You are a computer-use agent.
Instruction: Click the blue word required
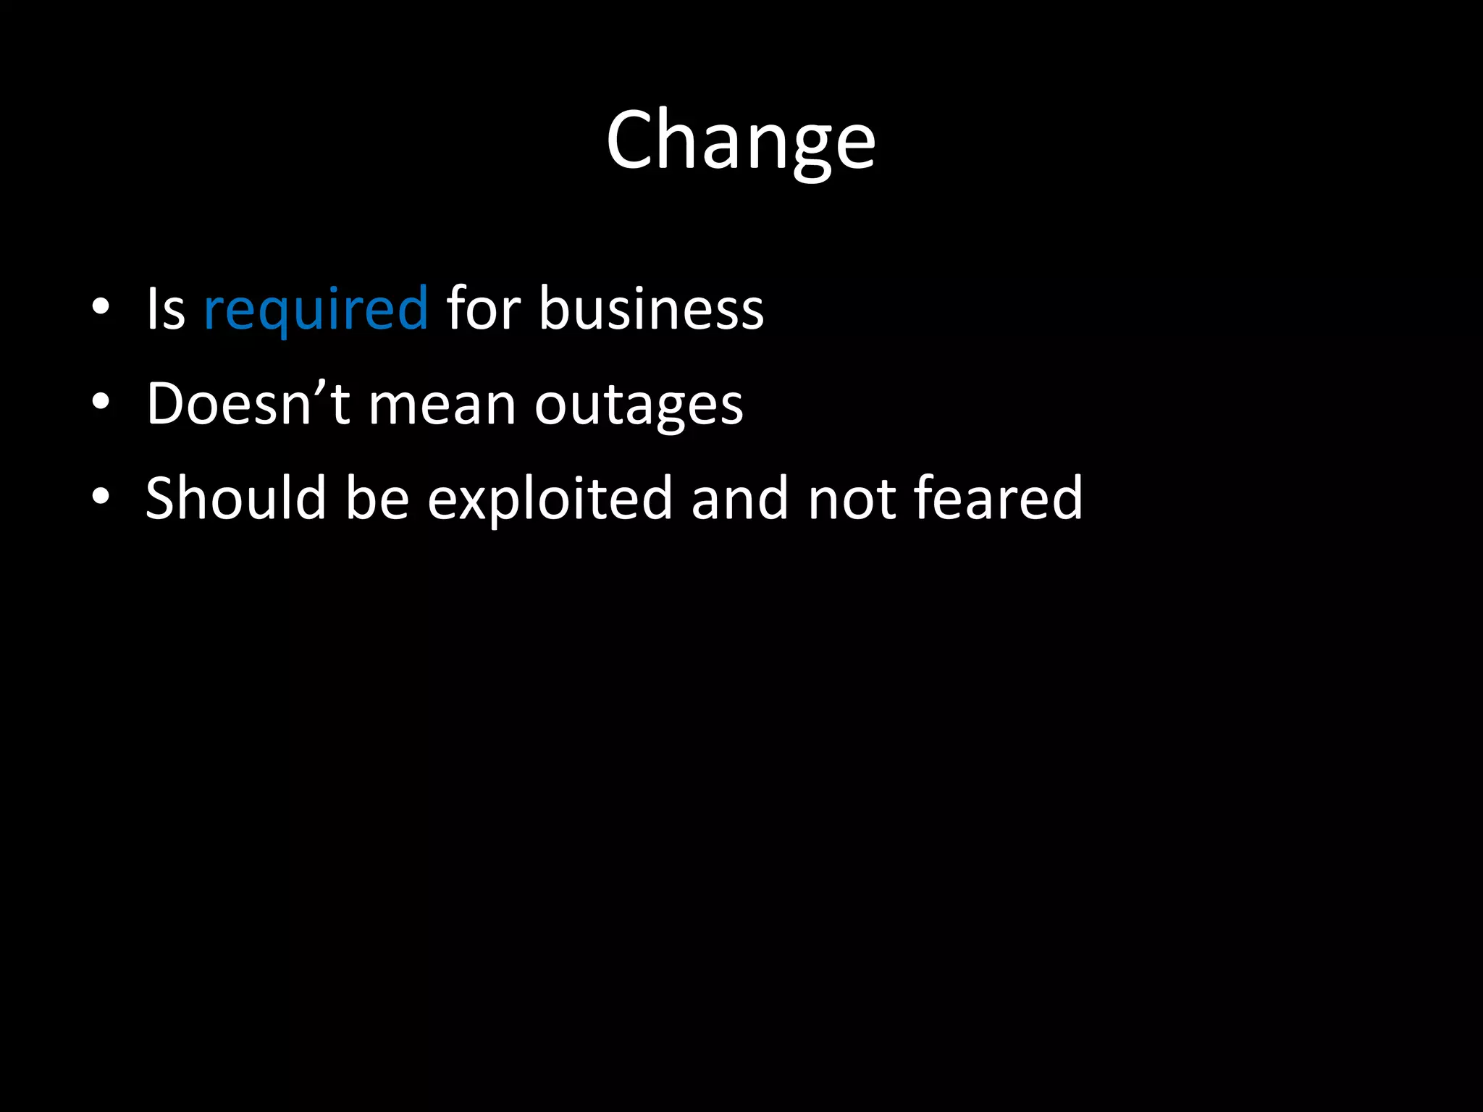(316, 309)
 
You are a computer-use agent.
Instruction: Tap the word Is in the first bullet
(166, 309)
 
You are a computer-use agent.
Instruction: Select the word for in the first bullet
(483, 309)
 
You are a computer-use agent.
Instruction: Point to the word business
(651, 309)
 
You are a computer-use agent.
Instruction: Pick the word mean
(442, 405)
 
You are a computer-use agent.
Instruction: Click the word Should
(236, 498)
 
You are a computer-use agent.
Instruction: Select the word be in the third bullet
(377, 498)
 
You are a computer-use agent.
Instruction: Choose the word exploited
(550, 500)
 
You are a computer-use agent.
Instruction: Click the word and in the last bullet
(739, 498)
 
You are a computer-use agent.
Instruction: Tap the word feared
(998, 498)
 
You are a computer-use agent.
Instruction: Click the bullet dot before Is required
(101, 307)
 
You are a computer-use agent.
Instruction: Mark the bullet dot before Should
(101, 496)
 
